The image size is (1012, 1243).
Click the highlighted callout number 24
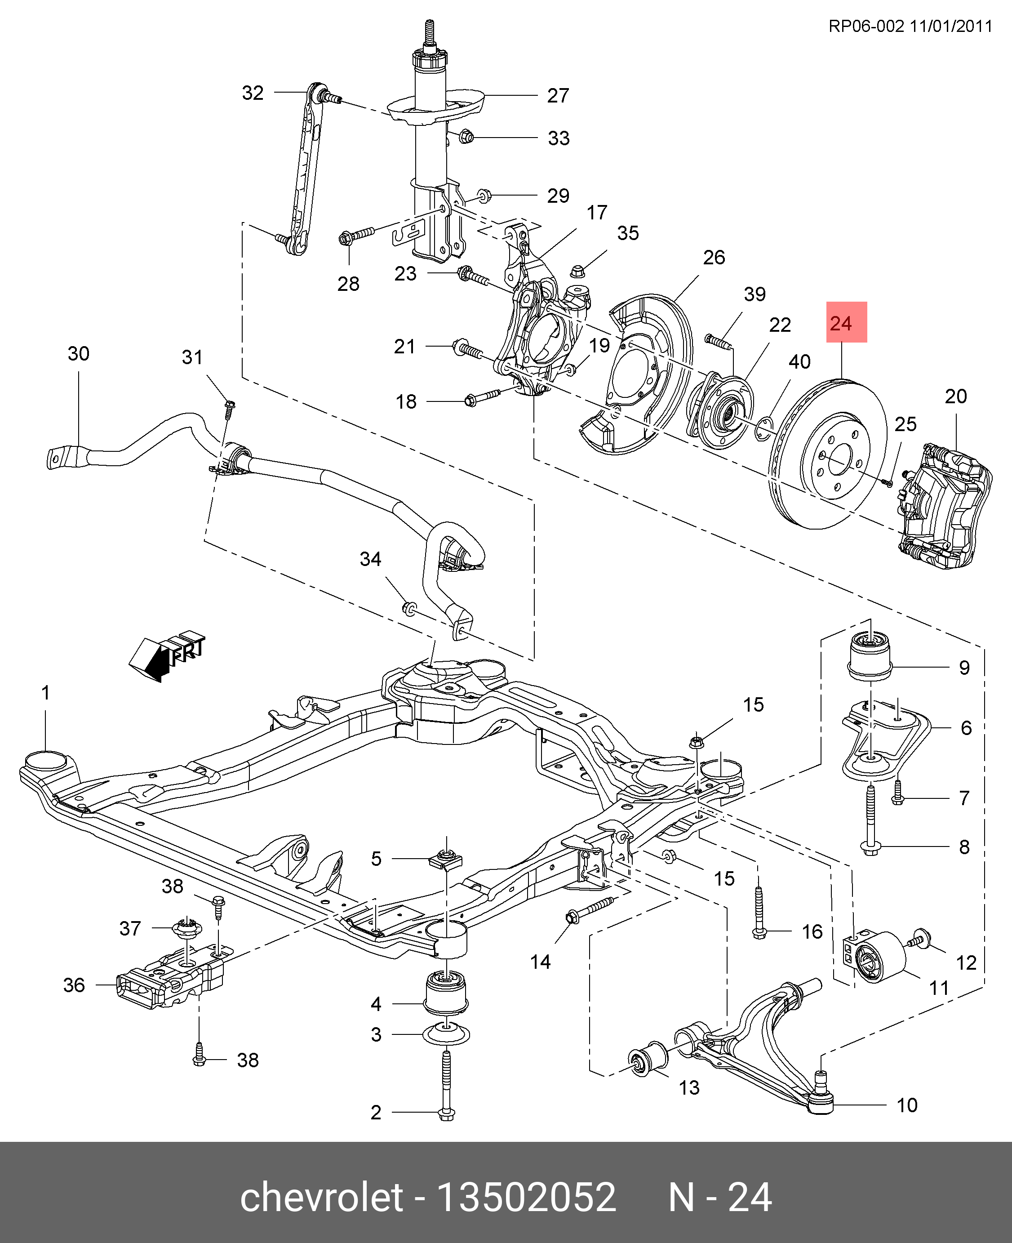[847, 323]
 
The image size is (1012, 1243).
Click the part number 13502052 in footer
[526, 1198]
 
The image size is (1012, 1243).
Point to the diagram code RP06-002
[866, 26]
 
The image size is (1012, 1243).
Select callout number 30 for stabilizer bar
[79, 353]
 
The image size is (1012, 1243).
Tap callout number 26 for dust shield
[714, 257]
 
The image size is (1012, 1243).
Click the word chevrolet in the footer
[321, 1198]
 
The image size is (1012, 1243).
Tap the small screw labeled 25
[888, 483]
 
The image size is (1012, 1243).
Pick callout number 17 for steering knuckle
[596, 212]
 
